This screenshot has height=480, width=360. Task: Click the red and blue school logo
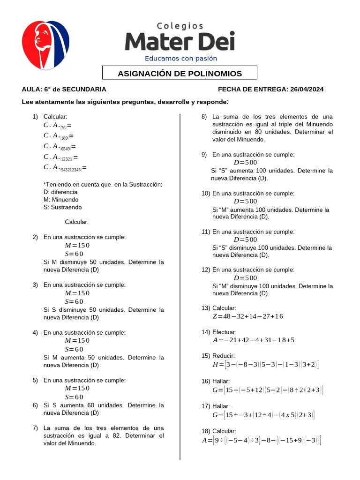pos(45,45)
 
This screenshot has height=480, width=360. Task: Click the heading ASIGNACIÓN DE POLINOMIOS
pos(180,74)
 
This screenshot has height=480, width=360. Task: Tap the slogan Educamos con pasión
pos(181,59)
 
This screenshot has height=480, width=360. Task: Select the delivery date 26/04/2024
pos(307,89)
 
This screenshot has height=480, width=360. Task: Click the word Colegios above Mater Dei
pos(180,26)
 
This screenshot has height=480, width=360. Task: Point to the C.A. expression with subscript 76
pos(57,126)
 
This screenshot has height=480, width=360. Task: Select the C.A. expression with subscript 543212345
pos(65,167)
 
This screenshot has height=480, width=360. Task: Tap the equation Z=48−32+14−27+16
pos(247,316)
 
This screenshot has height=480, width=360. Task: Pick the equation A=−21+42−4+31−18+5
pos(253,340)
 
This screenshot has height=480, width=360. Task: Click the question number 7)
pos(35,428)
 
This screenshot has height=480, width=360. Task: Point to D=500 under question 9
pos(245,162)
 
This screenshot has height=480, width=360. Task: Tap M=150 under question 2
pos(77,246)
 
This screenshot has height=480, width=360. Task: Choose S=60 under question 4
pos(74,349)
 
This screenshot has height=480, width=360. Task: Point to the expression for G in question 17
pos(263,415)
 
